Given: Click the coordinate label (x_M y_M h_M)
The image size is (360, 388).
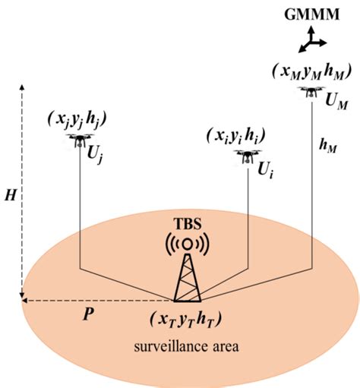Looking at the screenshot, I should point(311,70).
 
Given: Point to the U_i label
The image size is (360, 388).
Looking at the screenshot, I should point(267,171).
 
